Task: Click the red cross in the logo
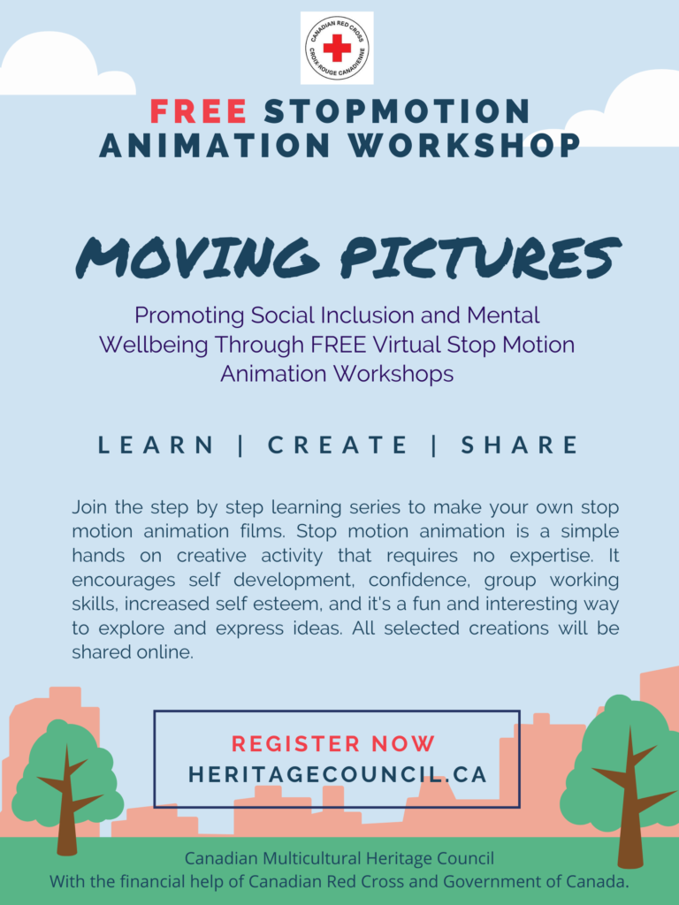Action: (x=337, y=48)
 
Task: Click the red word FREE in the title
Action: (x=199, y=111)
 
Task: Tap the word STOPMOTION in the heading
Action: (x=397, y=111)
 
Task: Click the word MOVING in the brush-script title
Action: (x=197, y=257)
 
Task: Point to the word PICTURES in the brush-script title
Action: (x=480, y=256)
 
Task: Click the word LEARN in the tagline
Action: (x=156, y=445)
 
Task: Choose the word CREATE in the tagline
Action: (x=337, y=445)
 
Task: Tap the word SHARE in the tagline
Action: (x=519, y=445)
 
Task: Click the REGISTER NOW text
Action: (x=333, y=743)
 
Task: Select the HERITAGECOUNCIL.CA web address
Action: (x=338, y=774)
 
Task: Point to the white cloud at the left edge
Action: (x=57, y=66)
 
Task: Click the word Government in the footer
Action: (x=489, y=881)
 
